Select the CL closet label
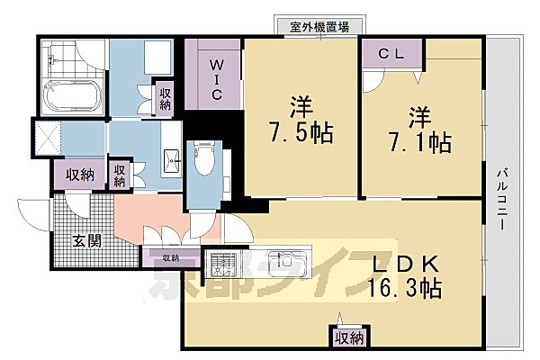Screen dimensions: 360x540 pyautogui.click(x=393, y=54)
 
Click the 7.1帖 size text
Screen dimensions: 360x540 pyautogui.click(x=426, y=141)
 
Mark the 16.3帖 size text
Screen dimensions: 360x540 pyautogui.click(x=404, y=289)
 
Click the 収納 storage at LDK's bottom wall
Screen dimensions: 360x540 pyautogui.click(x=349, y=337)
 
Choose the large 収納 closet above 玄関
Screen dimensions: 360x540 pyautogui.click(x=76, y=175)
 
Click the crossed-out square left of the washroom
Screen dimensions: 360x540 pyautogui.click(x=48, y=138)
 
